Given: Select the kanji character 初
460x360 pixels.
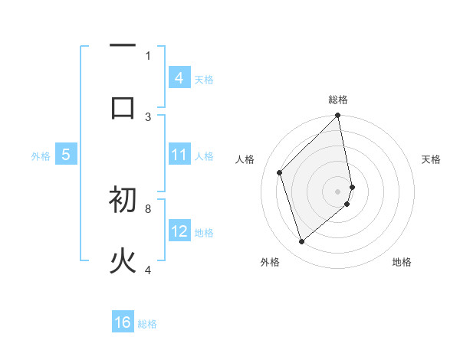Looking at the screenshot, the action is coord(123,201).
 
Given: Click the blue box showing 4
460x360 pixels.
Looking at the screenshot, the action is coord(179,78).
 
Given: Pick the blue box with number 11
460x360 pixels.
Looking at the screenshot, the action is coord(179,155).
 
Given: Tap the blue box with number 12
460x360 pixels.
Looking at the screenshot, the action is coord(179,231).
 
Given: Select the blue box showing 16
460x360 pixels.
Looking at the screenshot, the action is coord(123,322).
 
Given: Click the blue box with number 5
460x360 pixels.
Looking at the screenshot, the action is coord(66,155).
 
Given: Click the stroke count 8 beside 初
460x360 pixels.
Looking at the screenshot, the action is coord(148,208).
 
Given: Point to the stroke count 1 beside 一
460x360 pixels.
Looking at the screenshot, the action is coord(148,55).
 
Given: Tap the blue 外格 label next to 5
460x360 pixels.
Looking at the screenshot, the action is coord(41,156).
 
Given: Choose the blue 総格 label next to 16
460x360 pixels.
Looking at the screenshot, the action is coord(147,324).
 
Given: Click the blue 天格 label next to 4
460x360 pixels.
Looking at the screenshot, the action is coord(204,79).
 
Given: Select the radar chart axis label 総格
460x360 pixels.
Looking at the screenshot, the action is coord(338,100).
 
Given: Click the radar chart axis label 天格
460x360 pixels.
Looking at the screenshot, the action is coord(432,159).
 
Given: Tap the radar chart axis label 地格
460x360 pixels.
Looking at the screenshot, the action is coord(402,262).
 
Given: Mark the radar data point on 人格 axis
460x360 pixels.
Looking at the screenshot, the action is coord(280,172).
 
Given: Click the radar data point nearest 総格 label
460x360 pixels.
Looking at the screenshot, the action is coord(337,116).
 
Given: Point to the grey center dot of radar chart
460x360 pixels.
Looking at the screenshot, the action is coord(337,191).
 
